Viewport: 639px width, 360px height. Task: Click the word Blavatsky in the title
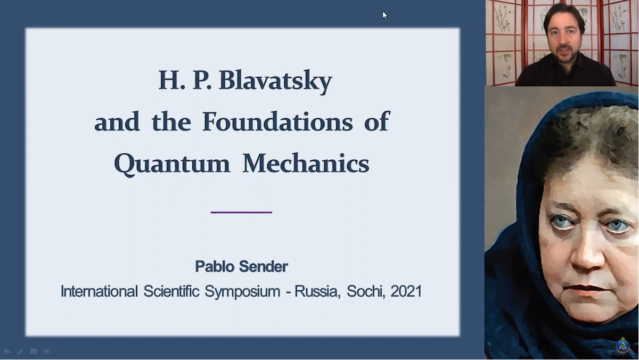276,81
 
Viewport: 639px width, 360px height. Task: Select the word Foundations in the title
277,122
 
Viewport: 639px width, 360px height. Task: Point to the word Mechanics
306,163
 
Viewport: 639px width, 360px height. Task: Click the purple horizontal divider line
241,212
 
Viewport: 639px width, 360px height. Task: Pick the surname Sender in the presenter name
263,266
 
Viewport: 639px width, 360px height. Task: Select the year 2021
406,291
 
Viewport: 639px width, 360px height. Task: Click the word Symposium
242,292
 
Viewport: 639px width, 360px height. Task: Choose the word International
99,291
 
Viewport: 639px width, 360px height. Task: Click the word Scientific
171,291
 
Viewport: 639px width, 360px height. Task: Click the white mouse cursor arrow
384,15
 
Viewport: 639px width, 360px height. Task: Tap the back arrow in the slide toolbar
6,351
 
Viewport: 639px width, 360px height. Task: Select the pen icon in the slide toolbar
20,351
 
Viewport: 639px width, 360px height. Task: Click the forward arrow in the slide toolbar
47,351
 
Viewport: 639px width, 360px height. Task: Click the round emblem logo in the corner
622,346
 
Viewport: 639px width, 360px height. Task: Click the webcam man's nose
564,39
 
